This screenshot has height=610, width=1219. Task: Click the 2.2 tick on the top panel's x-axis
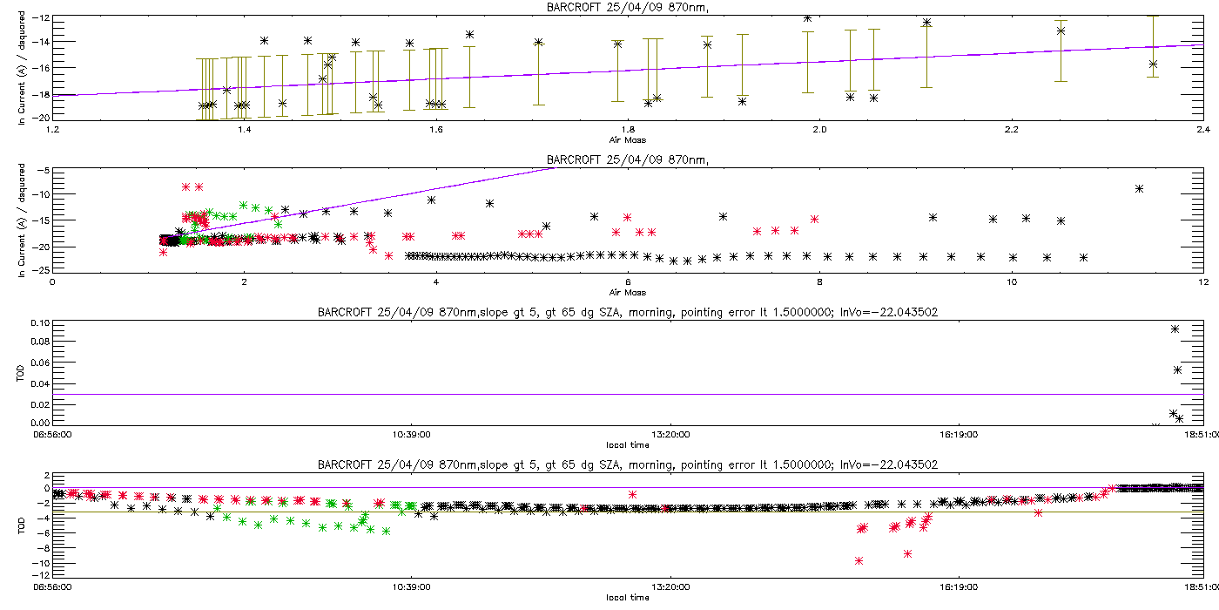click(x=1011, y=130)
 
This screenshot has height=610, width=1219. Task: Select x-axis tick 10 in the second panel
click(x=1011, y=281)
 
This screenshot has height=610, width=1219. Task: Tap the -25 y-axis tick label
click(x=38, y=269)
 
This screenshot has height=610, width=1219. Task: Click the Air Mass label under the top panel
click(x=627, y=139)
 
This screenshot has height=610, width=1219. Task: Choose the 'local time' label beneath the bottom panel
click(x=627, y=597)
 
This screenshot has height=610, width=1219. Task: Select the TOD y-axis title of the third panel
click(x=22, y=372)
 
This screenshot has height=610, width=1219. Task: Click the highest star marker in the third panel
click(x=1175, y=329)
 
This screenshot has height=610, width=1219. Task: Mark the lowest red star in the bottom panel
click(x=859, y=560)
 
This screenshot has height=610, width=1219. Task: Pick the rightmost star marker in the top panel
click(x=1153, y=64)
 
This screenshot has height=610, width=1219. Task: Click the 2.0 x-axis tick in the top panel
click(x=819, y=130)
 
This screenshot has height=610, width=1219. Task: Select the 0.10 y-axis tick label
click(x=40, y=322)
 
